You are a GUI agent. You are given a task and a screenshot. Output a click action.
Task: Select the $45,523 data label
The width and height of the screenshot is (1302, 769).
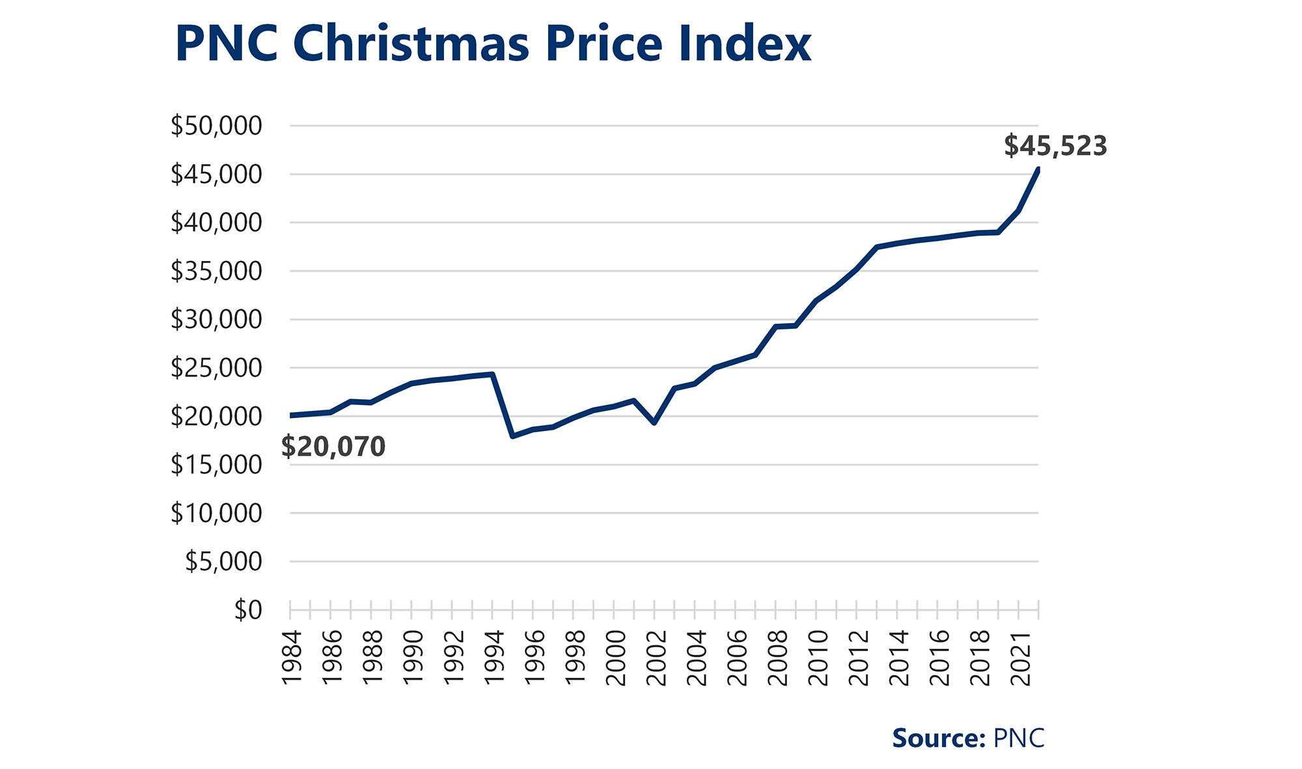coord(1055,146)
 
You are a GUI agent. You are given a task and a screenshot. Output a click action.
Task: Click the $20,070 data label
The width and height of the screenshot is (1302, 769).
coord(333,447)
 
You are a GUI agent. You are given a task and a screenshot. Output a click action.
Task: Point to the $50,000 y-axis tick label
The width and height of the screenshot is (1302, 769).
coord(216,126)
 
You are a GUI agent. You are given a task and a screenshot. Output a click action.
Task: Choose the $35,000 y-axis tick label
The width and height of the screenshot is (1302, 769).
coord(216,271)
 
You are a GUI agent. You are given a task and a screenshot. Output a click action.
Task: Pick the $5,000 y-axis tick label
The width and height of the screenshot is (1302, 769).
coord(223,561)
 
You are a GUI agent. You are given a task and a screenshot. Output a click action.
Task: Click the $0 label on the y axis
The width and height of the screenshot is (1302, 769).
coord(248,610)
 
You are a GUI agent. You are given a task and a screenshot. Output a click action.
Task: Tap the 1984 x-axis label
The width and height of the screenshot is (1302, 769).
coord(292,658)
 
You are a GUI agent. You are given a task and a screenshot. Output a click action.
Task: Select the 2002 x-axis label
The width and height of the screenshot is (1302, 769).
coord(656,658)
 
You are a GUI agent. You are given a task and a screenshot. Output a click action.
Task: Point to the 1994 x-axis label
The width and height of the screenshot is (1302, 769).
coord(494,658)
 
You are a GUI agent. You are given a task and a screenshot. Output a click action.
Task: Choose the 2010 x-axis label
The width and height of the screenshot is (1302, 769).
coord(818,658)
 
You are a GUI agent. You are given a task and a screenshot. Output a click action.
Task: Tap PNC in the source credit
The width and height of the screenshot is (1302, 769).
coord(1019,738)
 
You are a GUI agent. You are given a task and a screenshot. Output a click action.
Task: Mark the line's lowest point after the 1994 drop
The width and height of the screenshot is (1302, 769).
coord(513,436)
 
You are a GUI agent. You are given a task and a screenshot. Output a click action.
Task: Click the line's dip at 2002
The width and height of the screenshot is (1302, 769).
coord(654,423)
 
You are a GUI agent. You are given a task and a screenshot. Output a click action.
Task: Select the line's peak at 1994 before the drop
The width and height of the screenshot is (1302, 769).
coord(493,374)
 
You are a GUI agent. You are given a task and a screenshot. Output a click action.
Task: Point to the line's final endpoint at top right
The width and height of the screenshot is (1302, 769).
coord(1038,170)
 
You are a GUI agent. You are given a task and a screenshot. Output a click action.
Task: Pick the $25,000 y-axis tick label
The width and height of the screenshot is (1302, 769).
coord(216,368)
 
